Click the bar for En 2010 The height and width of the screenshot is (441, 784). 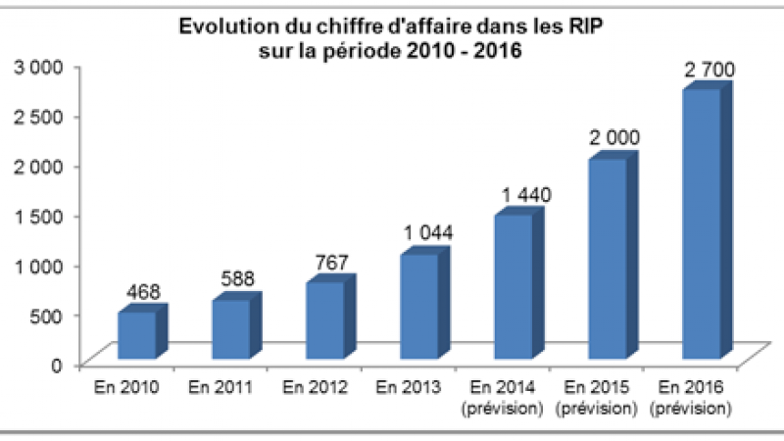[136, 334]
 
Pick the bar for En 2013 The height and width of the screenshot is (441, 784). [417, 305]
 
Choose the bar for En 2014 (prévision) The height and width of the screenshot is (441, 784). [512, 285]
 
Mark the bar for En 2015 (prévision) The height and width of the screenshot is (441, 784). [606, 257]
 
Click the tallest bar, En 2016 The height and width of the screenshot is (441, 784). [702, 223]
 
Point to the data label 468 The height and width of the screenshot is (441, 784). [143, 291]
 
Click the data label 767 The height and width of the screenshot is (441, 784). [331, 262]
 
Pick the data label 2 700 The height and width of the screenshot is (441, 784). [710, 70]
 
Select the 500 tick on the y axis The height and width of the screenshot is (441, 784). [47, 314]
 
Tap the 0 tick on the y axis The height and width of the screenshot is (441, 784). [58, 364]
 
